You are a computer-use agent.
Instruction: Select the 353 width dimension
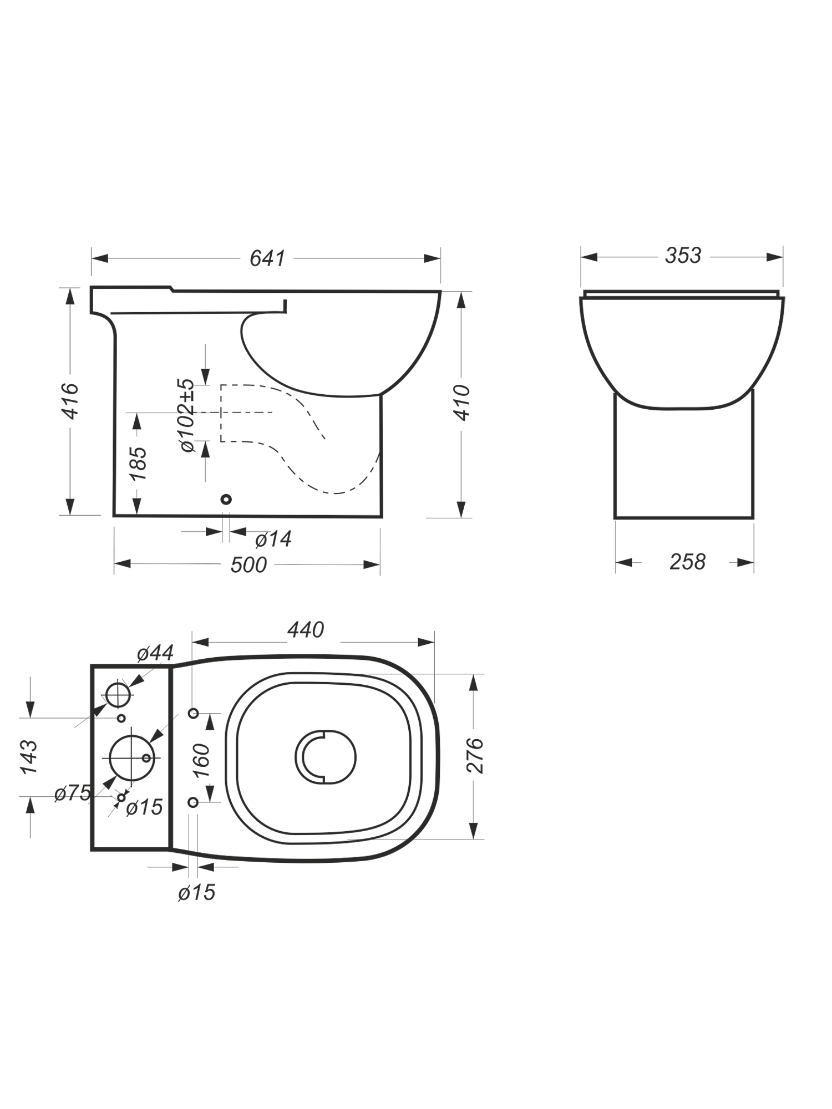coord(683,256)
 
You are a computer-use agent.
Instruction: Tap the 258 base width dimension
coord(687,562)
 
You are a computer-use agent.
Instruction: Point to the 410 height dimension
coord(463,403)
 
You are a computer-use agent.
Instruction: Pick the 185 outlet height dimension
coord(138,464)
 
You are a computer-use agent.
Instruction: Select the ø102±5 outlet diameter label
coord(187,415)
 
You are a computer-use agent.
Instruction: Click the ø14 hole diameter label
coord(273,538)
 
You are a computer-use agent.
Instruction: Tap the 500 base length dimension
coord(248,564)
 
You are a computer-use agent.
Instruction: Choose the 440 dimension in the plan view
coord(306,630)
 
